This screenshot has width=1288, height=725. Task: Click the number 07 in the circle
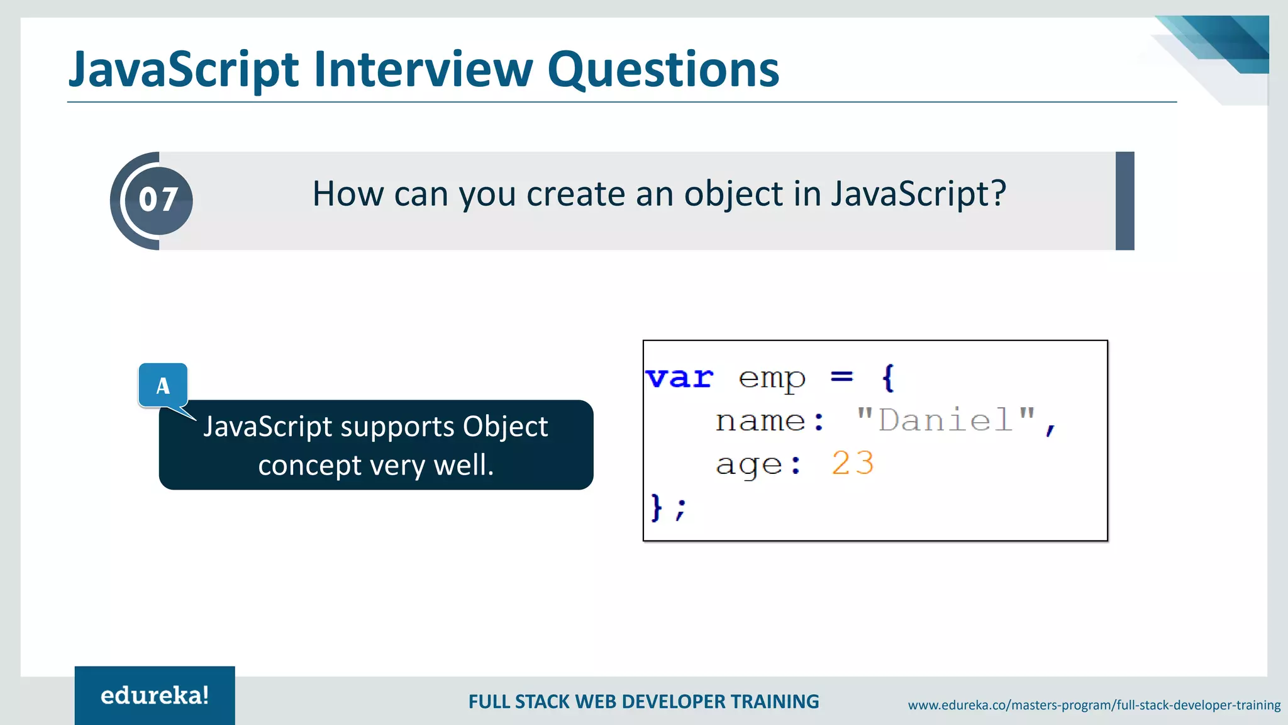pos(158,200)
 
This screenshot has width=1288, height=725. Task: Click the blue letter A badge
pos(163,385)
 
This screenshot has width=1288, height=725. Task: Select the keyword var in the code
pos(679,378)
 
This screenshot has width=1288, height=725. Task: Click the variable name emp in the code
pos(772,379)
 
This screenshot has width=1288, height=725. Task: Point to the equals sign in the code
pos(841,377)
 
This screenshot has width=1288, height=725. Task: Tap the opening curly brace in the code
pos(887,378)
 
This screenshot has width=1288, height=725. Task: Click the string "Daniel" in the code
pos(946,420)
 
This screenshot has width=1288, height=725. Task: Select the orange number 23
pos(852,464)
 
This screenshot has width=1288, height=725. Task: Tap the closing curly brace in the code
pos(657,507)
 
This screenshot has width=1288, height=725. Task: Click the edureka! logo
pos(155,695)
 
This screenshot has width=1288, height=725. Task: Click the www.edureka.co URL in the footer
pos(1094,705)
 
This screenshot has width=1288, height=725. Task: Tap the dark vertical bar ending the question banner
pos(1124,201)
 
